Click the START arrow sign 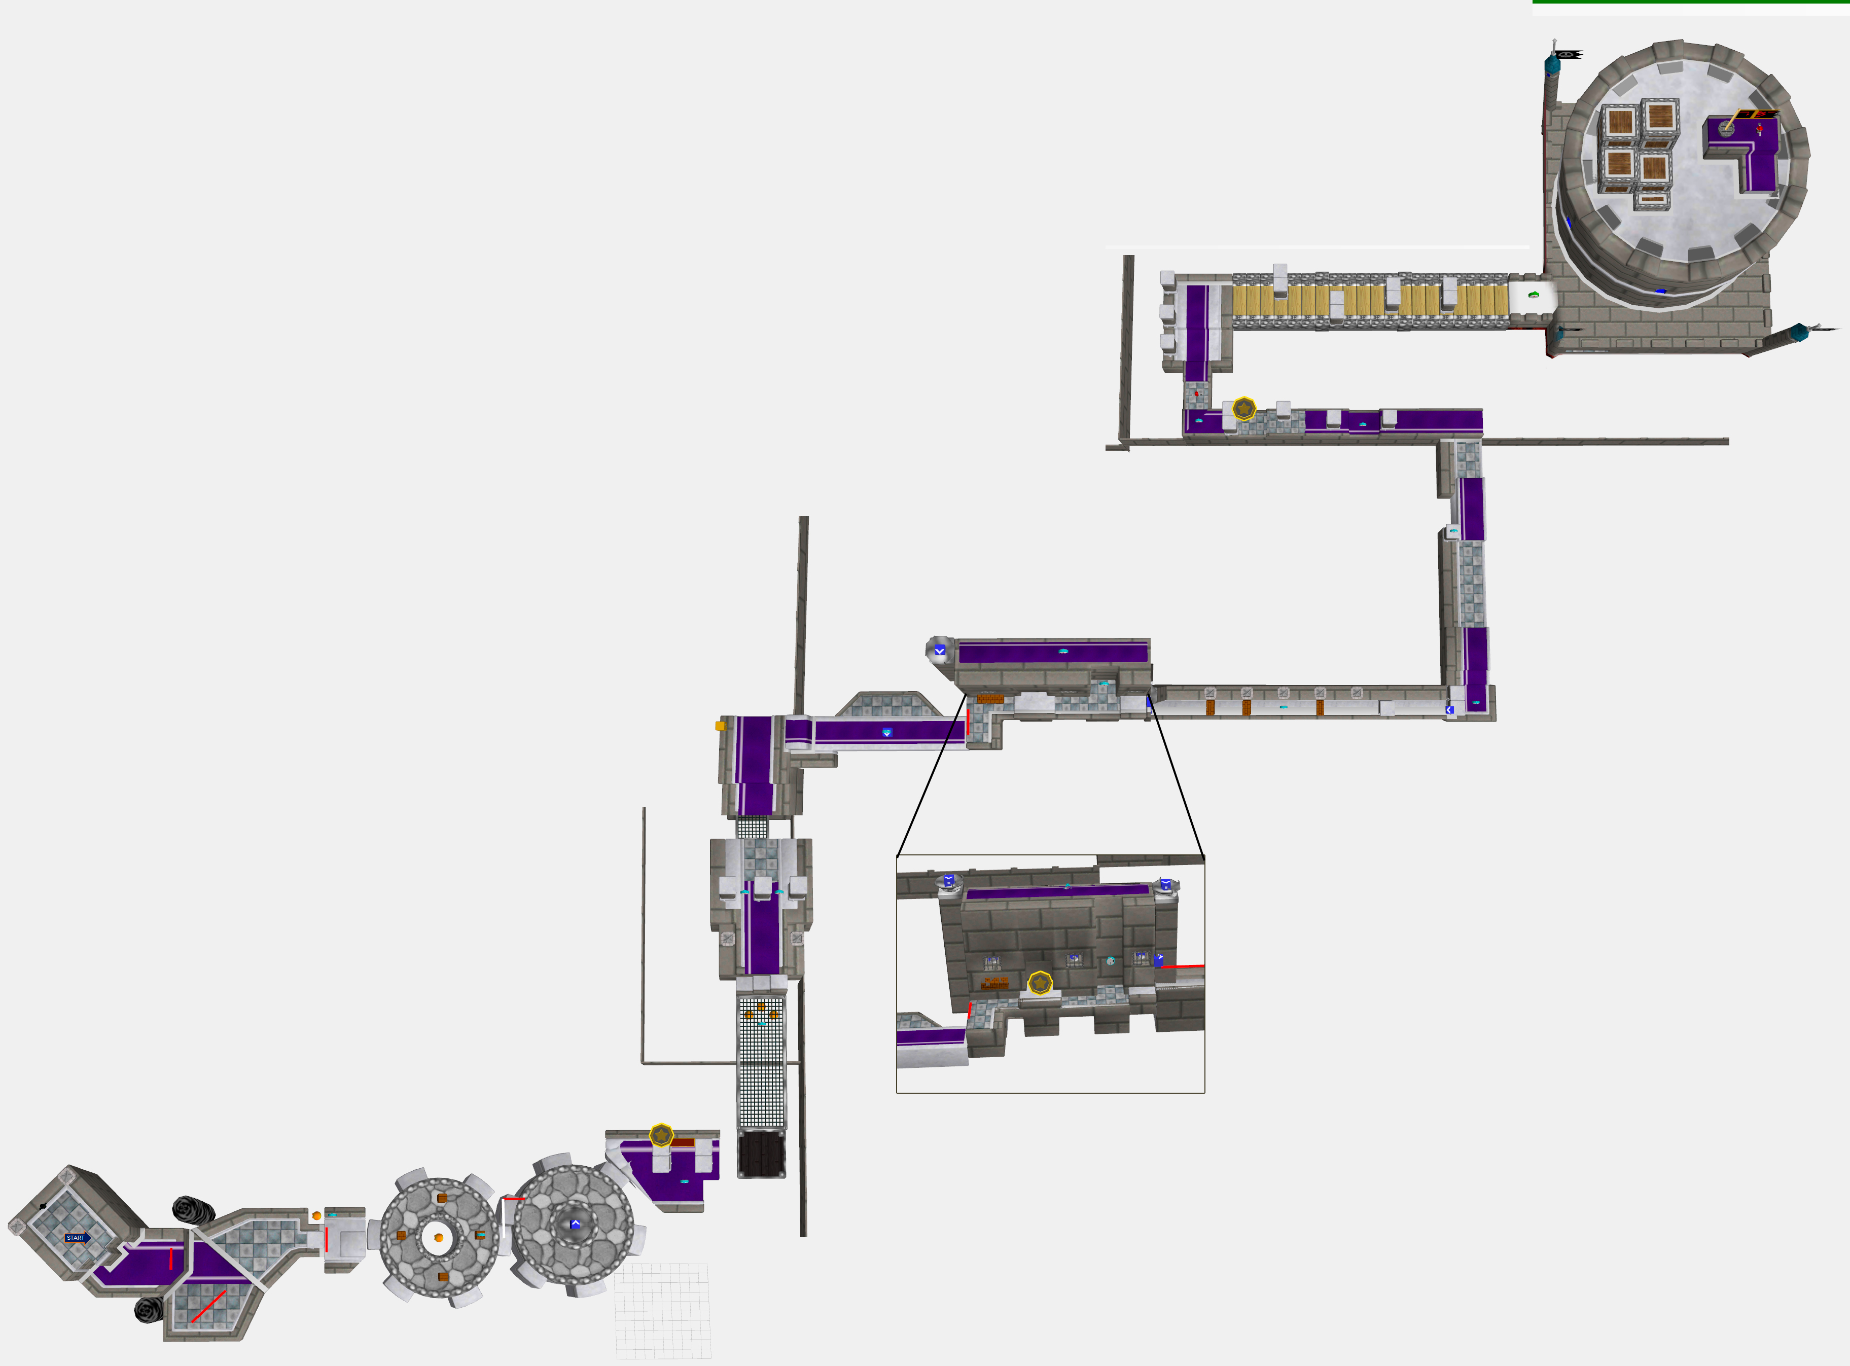point(76,1238)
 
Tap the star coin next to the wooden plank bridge point(1244,409)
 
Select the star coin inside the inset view point(1040,983)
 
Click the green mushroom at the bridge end point(1533,295)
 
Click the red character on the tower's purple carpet point(1760,128)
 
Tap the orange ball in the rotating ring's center point(438,1238)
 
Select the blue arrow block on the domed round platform point(576,1223)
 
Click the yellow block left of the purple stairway point(720,726)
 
